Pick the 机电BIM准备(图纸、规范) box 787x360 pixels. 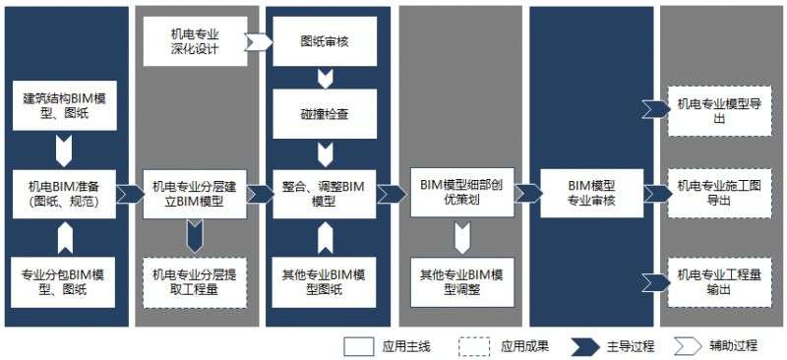point(66,194)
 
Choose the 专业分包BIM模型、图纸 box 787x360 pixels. point(66,280)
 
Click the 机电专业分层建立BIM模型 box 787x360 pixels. point(194,194)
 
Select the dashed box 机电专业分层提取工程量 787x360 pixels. point(194,280)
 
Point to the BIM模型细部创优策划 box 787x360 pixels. point(461,194)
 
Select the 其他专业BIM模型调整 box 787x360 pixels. point(461,280)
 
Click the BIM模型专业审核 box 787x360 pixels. point(591,194)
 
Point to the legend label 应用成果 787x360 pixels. point(524,346)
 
